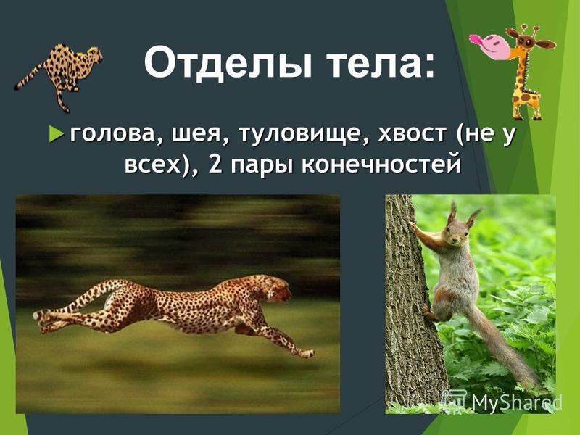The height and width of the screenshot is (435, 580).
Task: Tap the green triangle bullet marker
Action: [x=55, y=133]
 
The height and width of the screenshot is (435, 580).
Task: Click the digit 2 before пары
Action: [x=215, y=164]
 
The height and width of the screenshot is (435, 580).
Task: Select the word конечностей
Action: [x=381, y=165]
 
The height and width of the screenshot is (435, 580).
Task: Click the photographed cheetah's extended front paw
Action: [x=304, y=353]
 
